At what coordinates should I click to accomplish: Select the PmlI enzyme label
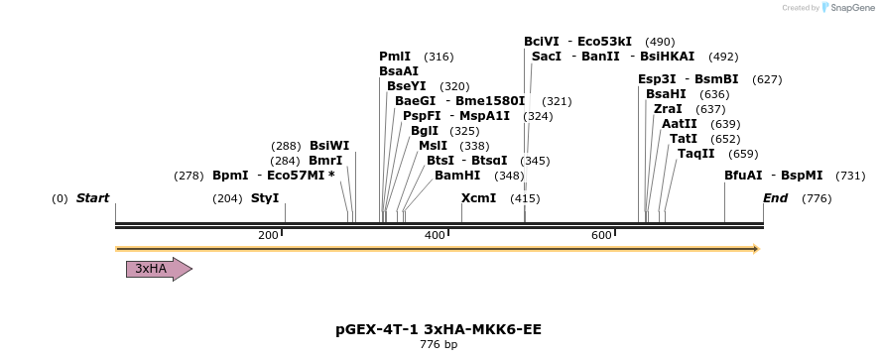pyautogui.click(x=395, y=57)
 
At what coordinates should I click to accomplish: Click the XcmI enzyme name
pyautogui.click(x=478, y=198)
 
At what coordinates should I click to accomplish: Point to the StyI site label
pyautogui.click(x=265, y=198)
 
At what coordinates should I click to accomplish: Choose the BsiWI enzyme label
pyautogui.click(x=329, y=146)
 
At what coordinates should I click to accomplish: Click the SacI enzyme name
pyautogui.click(x=547, y=57)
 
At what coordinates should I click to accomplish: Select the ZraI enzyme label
pyautogui.click(x=668, y=109)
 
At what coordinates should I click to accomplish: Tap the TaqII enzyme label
pyautogui.click(x=695, y=154)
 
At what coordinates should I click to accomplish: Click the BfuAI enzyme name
pyautogui.click(x=743, y=176)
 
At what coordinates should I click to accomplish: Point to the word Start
pyautogui.click(x=92, y=198)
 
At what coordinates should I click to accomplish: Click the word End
pyautogui.click(x=775, y=198)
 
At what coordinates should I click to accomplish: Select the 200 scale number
pyautogui.click(x=268, y=235)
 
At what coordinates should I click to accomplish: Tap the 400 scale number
pyautogui.click(x=435, y=235)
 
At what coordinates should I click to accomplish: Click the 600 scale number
pyautogui.click(x=601, y=235)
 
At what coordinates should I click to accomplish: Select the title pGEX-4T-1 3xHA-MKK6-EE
pyautogui.click(x=439, y=328)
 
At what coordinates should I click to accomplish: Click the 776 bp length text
pyautogui.click(x=439, y=345)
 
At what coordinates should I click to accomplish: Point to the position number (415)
pyautogui.click(x=525, y=198)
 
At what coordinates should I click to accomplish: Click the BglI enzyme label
pyautogui.click(x=424, y=131)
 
